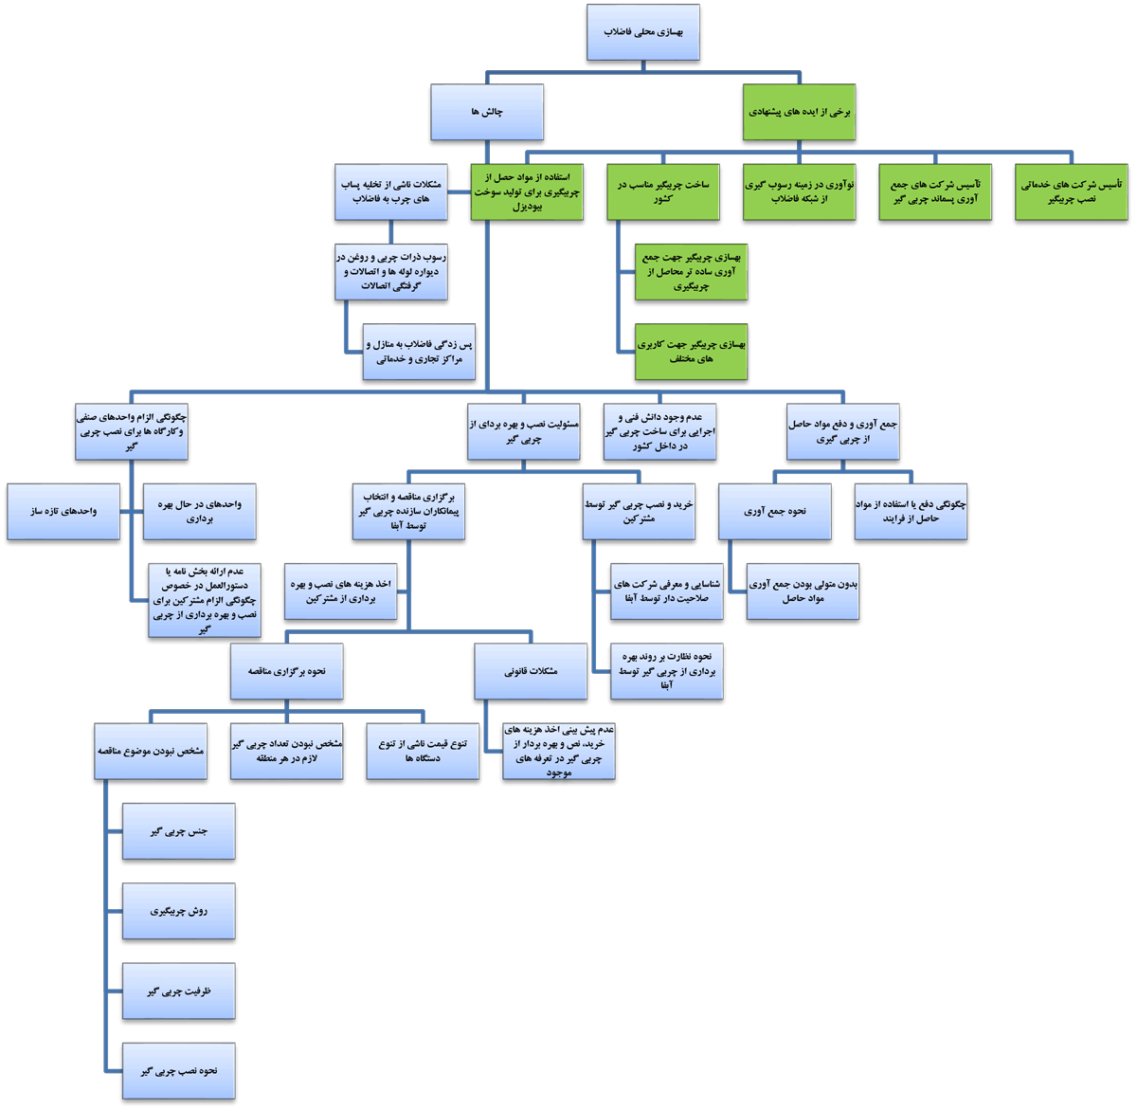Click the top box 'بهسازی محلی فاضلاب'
(x=642, y=32)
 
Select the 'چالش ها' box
(x=487, y=112)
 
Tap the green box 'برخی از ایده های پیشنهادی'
(x=799, y=112)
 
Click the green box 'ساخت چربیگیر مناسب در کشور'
(x=662, y=191)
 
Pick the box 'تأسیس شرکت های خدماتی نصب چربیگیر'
(x=1071, y=191)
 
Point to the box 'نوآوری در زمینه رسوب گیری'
(x=799, y=191)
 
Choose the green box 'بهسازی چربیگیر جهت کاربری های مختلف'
(x=691, y=352)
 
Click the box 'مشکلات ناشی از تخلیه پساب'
(x=391, y=191)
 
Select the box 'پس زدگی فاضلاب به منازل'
(x=419, y=352)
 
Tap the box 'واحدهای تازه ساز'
(x=63, y=511)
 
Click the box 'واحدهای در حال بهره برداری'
(x=199, y=511)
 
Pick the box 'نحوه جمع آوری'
(x=774, y=511)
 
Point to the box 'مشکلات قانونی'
(x=530, y=671)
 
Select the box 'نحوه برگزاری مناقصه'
(x=286, y=671)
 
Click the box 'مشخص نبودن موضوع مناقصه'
(x=150, y=752)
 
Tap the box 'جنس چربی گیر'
(x=178, y=830)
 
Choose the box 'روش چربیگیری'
(x=178, y=911)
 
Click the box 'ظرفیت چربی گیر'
(x=178, y=991)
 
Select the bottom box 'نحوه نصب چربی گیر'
(x=178, y=1070)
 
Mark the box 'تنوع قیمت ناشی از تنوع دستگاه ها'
(x=423, y=752)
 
